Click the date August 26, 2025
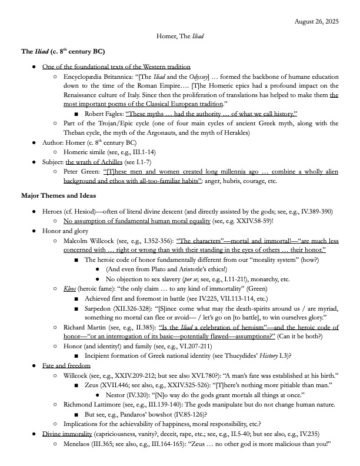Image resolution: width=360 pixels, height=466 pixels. tap(318, 22)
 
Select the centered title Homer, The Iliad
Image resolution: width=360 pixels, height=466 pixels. tap(180, 36)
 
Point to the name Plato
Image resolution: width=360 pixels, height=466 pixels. tap(154, 271)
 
